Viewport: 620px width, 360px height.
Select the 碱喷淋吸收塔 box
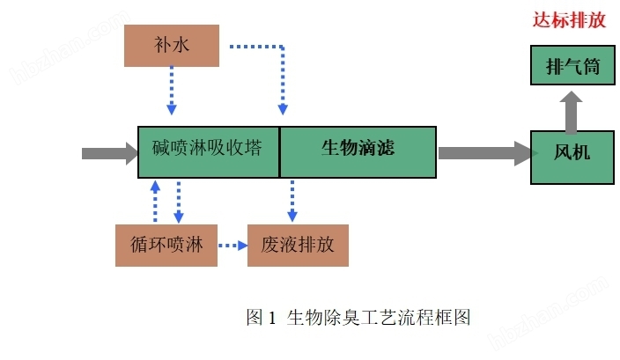[208, 151]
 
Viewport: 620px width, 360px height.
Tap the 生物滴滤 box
[358, 151]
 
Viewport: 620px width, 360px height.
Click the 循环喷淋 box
[166, 245]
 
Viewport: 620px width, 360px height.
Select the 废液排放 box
[298, 245]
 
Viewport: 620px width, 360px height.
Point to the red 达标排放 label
[569, 21]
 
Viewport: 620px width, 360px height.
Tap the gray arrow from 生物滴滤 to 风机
[483, 153]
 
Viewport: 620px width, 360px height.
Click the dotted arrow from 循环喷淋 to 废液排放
[233, 246]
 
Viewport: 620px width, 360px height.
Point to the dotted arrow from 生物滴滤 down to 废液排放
[292, 200]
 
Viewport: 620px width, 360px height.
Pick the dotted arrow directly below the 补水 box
[172, 91]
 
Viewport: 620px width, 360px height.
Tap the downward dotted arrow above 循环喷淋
[179, 202]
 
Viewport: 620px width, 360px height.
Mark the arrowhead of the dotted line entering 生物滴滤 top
[283, 110]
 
